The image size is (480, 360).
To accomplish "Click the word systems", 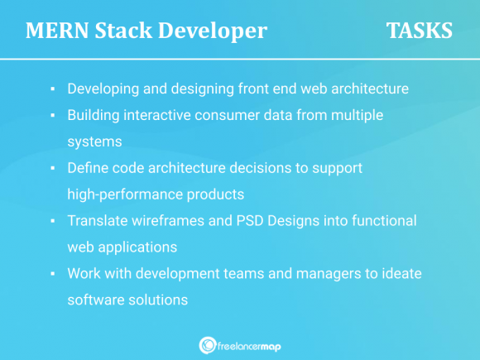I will click(x=94, y=141).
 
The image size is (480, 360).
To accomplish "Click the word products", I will click(x=214, y=194).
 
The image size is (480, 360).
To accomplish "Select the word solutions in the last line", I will click(x=156, y=300).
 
